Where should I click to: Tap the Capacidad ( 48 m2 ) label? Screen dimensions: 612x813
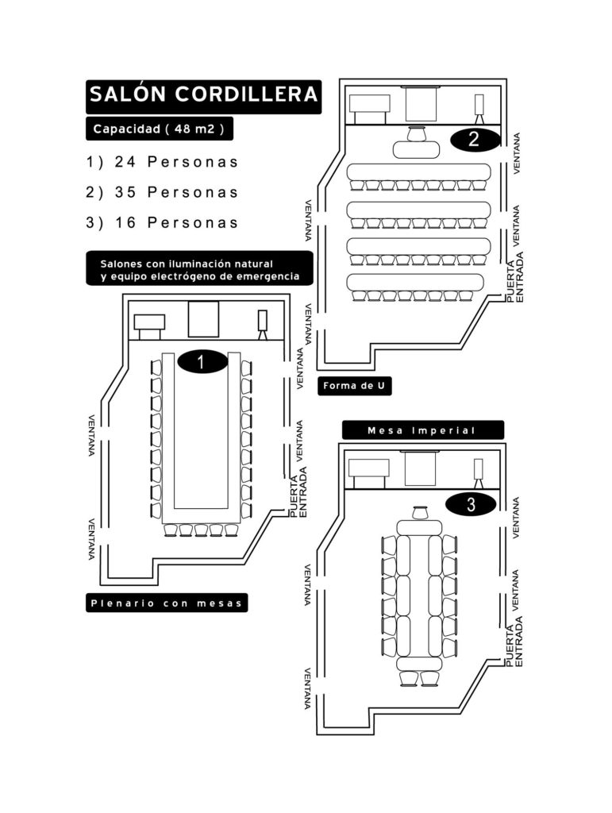click(x=159, y=129)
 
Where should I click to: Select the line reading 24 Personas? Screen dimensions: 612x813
click(x=162, y=162)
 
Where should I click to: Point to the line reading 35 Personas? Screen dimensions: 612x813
click(x=162, y=192)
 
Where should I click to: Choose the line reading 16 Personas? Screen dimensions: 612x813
click(x=162, y=223)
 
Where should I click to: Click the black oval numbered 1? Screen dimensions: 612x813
click(x=202, y=362)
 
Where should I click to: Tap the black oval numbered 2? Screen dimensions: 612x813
click(x=475, y=140)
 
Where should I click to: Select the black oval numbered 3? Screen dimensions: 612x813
click(x=471, y=504)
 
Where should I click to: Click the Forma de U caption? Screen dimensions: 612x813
click(x=355, y=386)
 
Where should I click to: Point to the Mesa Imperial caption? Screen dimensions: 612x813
click(x=422, y=430)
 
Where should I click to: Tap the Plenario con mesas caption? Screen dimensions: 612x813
click(x=167, y=603)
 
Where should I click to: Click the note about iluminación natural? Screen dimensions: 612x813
click(x=199, y=269)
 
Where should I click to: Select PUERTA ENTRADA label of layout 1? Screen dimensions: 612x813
click(x=299, y=492)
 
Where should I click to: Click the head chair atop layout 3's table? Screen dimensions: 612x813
click(x=419, y=513)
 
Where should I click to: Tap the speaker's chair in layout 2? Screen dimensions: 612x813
click(x=417, y=133)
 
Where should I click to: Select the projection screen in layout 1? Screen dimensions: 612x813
click(x=204, y=319)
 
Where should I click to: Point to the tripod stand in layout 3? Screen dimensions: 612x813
click(x=479, y=474)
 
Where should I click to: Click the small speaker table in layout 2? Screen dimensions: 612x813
click(x=417, y=150)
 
